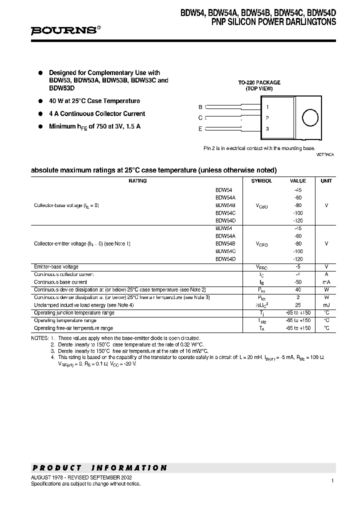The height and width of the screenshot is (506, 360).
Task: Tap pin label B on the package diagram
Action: point(200,107)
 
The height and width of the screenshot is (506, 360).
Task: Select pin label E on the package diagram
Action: point(200,129)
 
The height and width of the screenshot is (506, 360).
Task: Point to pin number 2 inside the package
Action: point(267,118)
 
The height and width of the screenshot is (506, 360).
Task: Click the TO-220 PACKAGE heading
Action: point(259,82)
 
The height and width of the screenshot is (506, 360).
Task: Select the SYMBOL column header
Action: point(261,181)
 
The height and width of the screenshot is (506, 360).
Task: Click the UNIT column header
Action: point(326,181)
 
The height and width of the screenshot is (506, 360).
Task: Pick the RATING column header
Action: point(137,181)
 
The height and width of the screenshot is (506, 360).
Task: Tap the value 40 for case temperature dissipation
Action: point(298,289)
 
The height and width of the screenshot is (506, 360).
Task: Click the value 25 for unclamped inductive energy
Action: point(298,304)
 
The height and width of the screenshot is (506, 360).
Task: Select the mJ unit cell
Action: point(326,304)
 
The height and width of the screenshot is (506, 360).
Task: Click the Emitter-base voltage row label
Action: point(56,267)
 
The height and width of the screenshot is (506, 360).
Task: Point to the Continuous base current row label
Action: point(60,282)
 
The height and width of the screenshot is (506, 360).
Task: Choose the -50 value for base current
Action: point(298,282)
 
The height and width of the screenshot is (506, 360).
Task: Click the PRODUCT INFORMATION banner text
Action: point(99,468)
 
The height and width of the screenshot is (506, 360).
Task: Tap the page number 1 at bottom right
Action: point(332,480)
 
